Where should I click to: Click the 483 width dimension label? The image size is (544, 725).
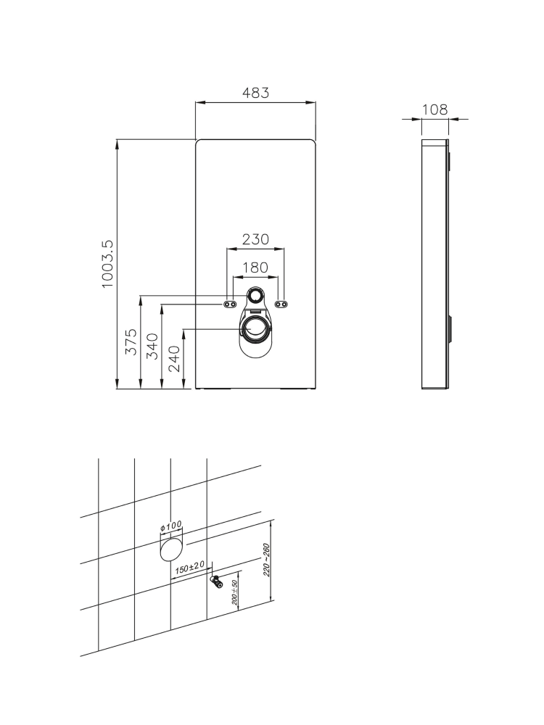255,93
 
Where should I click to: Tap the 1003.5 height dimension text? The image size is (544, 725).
107,265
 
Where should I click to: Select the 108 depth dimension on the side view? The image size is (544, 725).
434,110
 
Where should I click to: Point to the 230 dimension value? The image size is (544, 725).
255,239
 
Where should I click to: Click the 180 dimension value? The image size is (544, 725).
255,268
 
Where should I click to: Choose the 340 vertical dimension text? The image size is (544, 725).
153,346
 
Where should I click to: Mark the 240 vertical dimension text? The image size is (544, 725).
175,358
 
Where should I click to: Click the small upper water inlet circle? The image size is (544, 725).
256,296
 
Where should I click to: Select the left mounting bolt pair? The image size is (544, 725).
230,304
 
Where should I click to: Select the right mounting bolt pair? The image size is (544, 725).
282,304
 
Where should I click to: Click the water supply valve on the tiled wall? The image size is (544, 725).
217,581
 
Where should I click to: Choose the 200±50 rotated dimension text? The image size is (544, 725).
236,592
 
